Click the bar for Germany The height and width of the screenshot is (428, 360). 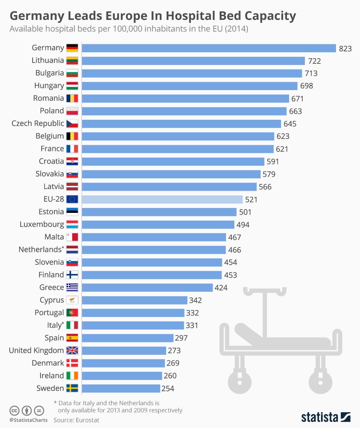[208, 48]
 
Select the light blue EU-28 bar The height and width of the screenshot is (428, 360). [162, 199]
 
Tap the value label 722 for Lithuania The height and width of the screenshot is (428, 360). [314, 61]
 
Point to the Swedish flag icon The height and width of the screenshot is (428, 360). [72, 388]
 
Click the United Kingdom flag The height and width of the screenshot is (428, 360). [72, 350]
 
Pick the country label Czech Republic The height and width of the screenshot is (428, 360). [37, 124]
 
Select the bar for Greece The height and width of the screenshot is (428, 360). [147, 288]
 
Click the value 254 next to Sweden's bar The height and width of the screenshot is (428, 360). [168, 389]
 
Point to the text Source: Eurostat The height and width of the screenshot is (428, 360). [76, 420]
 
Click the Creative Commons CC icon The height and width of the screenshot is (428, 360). [15, 410]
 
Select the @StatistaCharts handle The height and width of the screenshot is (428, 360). [28, 420]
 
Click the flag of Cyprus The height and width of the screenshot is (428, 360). [72, 300]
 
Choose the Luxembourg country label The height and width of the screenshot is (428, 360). [42, 225]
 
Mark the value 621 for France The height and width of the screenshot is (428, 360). [282, 149]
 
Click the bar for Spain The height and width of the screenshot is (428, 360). [127, 338]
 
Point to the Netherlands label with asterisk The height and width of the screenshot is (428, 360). [41, 250]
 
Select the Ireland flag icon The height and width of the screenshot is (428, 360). [72, 376]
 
